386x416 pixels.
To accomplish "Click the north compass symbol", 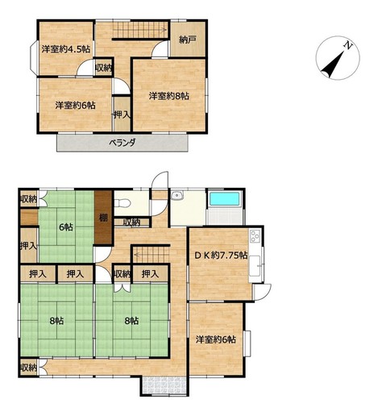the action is tap(338, 58).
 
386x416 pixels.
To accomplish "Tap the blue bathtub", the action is tap(224, 200).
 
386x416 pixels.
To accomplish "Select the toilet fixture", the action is tap(122, 203).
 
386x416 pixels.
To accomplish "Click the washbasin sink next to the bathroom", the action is tap(177, 195).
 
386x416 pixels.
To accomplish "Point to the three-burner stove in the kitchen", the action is tap(255, 236).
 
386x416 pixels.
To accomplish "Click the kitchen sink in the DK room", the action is tap(255, 266).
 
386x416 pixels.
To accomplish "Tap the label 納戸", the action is tap(188, 40).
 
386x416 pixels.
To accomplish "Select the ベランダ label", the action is tap(122, 143).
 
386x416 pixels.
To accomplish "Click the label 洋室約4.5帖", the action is tap(65, 49).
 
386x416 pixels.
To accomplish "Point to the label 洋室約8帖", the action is tap(169, 96).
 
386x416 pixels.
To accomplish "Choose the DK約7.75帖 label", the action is tap(221, 255).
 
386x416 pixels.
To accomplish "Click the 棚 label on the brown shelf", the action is tap(103, 218).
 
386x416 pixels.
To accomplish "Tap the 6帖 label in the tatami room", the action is tap(66, 227).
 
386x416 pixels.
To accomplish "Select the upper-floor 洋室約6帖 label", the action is tap(75, 105).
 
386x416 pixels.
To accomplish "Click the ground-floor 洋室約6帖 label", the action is tap(216, 339).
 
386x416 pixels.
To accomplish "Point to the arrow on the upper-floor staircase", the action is tap(139, 30).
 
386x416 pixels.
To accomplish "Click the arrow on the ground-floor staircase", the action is tap(151, 254).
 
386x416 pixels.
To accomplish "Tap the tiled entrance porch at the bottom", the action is tap(164, 385).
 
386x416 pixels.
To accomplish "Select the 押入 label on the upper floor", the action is tap(122, 115).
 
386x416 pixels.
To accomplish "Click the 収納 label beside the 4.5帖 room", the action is tap(104, 68).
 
